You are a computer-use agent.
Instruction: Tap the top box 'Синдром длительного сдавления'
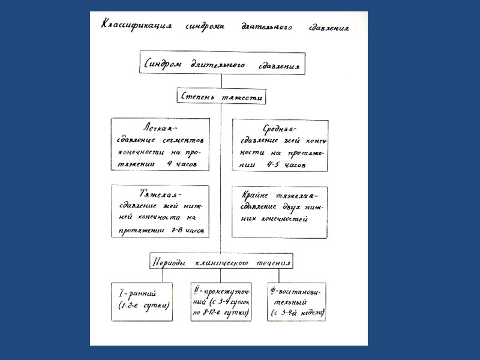pos(221,62)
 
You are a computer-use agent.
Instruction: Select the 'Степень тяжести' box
pos(221,96)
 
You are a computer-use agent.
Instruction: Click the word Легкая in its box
pos(160,128)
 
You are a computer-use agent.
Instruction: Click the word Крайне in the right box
pos(257,196)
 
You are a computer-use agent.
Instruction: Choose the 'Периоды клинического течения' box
pos(221,262)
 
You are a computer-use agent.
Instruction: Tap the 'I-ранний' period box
pos(144,301)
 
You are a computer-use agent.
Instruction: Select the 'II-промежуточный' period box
pos(221,301)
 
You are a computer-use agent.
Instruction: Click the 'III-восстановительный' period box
pos(297,301)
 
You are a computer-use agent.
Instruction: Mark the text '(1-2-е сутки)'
pos(145,305)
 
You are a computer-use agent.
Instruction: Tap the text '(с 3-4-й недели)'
pos(298,313)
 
